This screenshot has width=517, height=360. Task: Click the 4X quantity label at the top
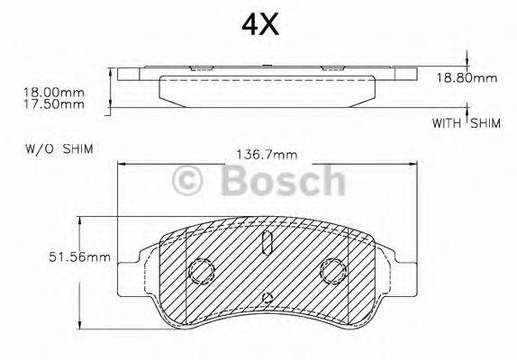(x=260, y=24)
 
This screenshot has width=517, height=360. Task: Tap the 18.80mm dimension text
(x=467, y=78)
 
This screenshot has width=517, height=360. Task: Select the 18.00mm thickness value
(x=53, y=92)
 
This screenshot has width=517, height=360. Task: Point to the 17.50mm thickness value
(x=53, y=104)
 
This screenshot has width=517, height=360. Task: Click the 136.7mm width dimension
(x=267, y=154)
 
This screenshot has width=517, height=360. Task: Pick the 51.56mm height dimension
(x=79, y=256)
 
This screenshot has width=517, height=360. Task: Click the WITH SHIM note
(x=467, y=123)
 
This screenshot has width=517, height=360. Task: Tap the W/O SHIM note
(x=59, y=148)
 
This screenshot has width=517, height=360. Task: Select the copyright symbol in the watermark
(x=187, y=180)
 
